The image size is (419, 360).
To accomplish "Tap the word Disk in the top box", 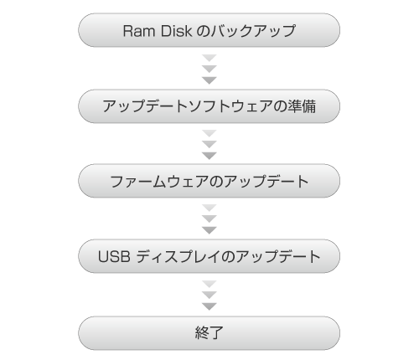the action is pos(176,31).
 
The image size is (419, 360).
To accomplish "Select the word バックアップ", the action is pos(253,31).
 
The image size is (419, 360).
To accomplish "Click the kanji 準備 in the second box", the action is pos(302,106).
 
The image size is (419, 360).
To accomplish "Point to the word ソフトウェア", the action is pos(230,106).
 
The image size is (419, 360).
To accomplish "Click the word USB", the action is pos(114,256).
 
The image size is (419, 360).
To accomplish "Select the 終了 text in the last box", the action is pos(209,332).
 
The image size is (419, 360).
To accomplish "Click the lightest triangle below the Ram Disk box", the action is pos(209,58).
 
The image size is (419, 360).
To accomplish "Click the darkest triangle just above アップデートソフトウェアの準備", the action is pos(209,80).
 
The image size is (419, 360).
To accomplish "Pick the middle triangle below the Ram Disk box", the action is pos(209,69).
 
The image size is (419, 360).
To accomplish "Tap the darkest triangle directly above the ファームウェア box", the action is pos(209,156).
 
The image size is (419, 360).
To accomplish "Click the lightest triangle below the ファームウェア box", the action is pos(209,208).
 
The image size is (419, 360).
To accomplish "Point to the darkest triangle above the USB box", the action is pos(209,230).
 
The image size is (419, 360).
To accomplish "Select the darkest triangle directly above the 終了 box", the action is pos(209,306).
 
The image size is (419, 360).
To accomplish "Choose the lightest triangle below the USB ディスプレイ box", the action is pos(209,284).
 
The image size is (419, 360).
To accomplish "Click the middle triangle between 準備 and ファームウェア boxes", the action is pos(209,144).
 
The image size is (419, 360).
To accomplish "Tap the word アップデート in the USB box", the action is pos(278,256).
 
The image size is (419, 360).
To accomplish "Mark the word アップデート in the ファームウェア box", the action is pos(266,182).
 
